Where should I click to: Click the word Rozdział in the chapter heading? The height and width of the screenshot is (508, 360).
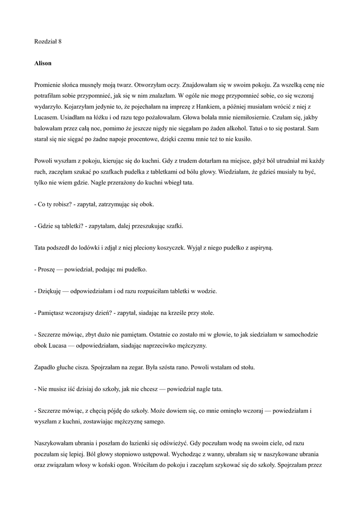click(x=45, y=42)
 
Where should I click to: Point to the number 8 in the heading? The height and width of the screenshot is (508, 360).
click(x=60, y=42)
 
